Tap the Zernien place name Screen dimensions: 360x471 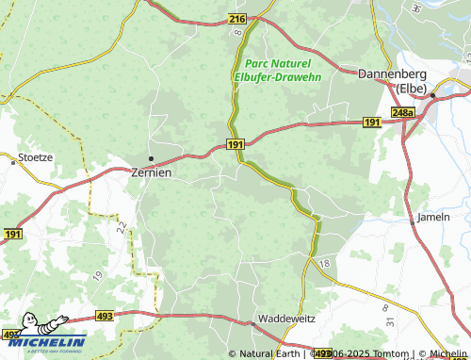point(152,174)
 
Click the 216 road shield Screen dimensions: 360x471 point(236,19)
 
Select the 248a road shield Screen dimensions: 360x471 point(402,113)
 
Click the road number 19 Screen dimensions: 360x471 point(99,276)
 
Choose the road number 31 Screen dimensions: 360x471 point(389,322)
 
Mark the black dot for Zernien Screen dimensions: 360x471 point(151,157)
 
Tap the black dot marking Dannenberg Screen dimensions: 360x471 point(433,96)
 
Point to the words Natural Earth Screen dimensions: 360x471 point(269,353)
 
